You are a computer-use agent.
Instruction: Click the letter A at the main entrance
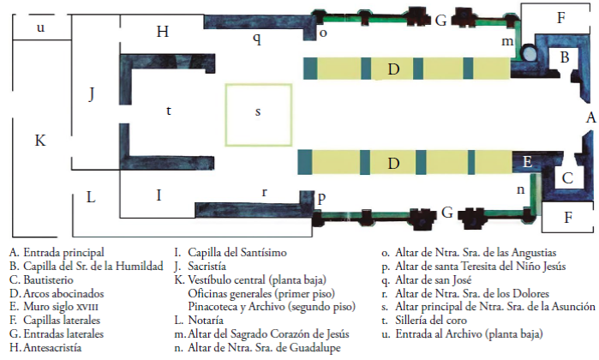point(589,118)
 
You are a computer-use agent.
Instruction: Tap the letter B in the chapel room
point(564,57)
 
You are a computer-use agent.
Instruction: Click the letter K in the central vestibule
point(39,140)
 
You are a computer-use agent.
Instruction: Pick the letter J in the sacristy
point(92,94)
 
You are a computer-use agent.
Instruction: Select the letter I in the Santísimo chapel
point(159,195)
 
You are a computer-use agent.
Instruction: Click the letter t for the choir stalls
point(169,110)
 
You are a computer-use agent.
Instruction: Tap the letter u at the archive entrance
point(40,28)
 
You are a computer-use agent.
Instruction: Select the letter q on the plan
point(256,39)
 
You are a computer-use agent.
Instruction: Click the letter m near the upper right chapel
point(507,41)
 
